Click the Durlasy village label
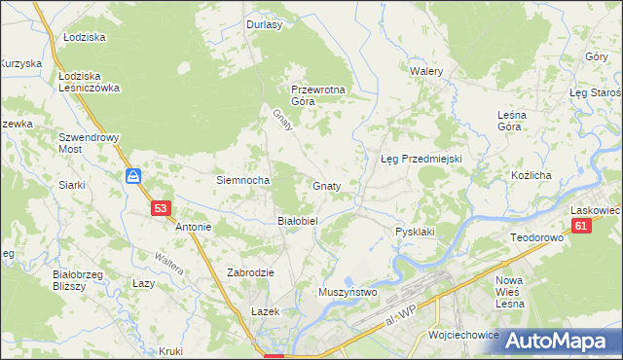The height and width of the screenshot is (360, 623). [264, 25]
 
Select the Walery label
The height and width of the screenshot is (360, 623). [426, 72]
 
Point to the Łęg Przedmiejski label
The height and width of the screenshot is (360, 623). [420, 159]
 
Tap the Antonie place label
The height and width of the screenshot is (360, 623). [193, 228]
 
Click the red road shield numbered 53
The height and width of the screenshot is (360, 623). [162, 207]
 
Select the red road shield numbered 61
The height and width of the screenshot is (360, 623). [581, 227]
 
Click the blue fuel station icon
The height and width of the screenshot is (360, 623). [134, 177]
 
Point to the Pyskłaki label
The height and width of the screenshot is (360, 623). [414, 232]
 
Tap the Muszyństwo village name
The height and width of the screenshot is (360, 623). [348, 291]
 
